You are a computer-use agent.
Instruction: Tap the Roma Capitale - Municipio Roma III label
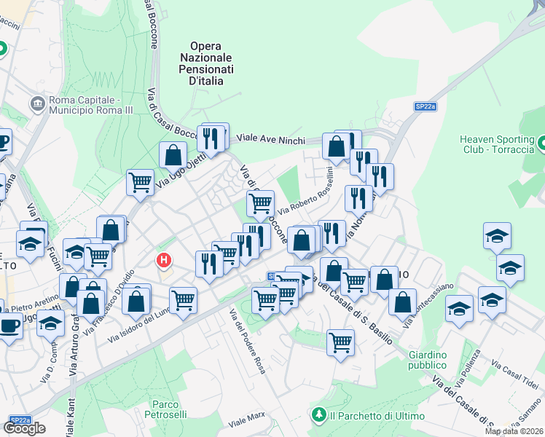tap(82, 104)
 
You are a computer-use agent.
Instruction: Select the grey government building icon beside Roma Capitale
tap(36, 104)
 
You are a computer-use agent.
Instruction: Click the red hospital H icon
tap(165, 259)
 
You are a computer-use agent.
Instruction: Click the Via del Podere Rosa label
tap(248, 342)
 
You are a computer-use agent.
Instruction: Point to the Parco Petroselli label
tap(166, 409)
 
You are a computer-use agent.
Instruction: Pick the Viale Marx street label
tap(246, 420)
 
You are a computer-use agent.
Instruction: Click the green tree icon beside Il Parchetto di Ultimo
tap(318, 415)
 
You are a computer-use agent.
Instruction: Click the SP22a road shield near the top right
tap(426, 106)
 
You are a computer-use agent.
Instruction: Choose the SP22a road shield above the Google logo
tap(20, 420)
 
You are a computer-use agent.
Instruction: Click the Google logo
tap(24, 429)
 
